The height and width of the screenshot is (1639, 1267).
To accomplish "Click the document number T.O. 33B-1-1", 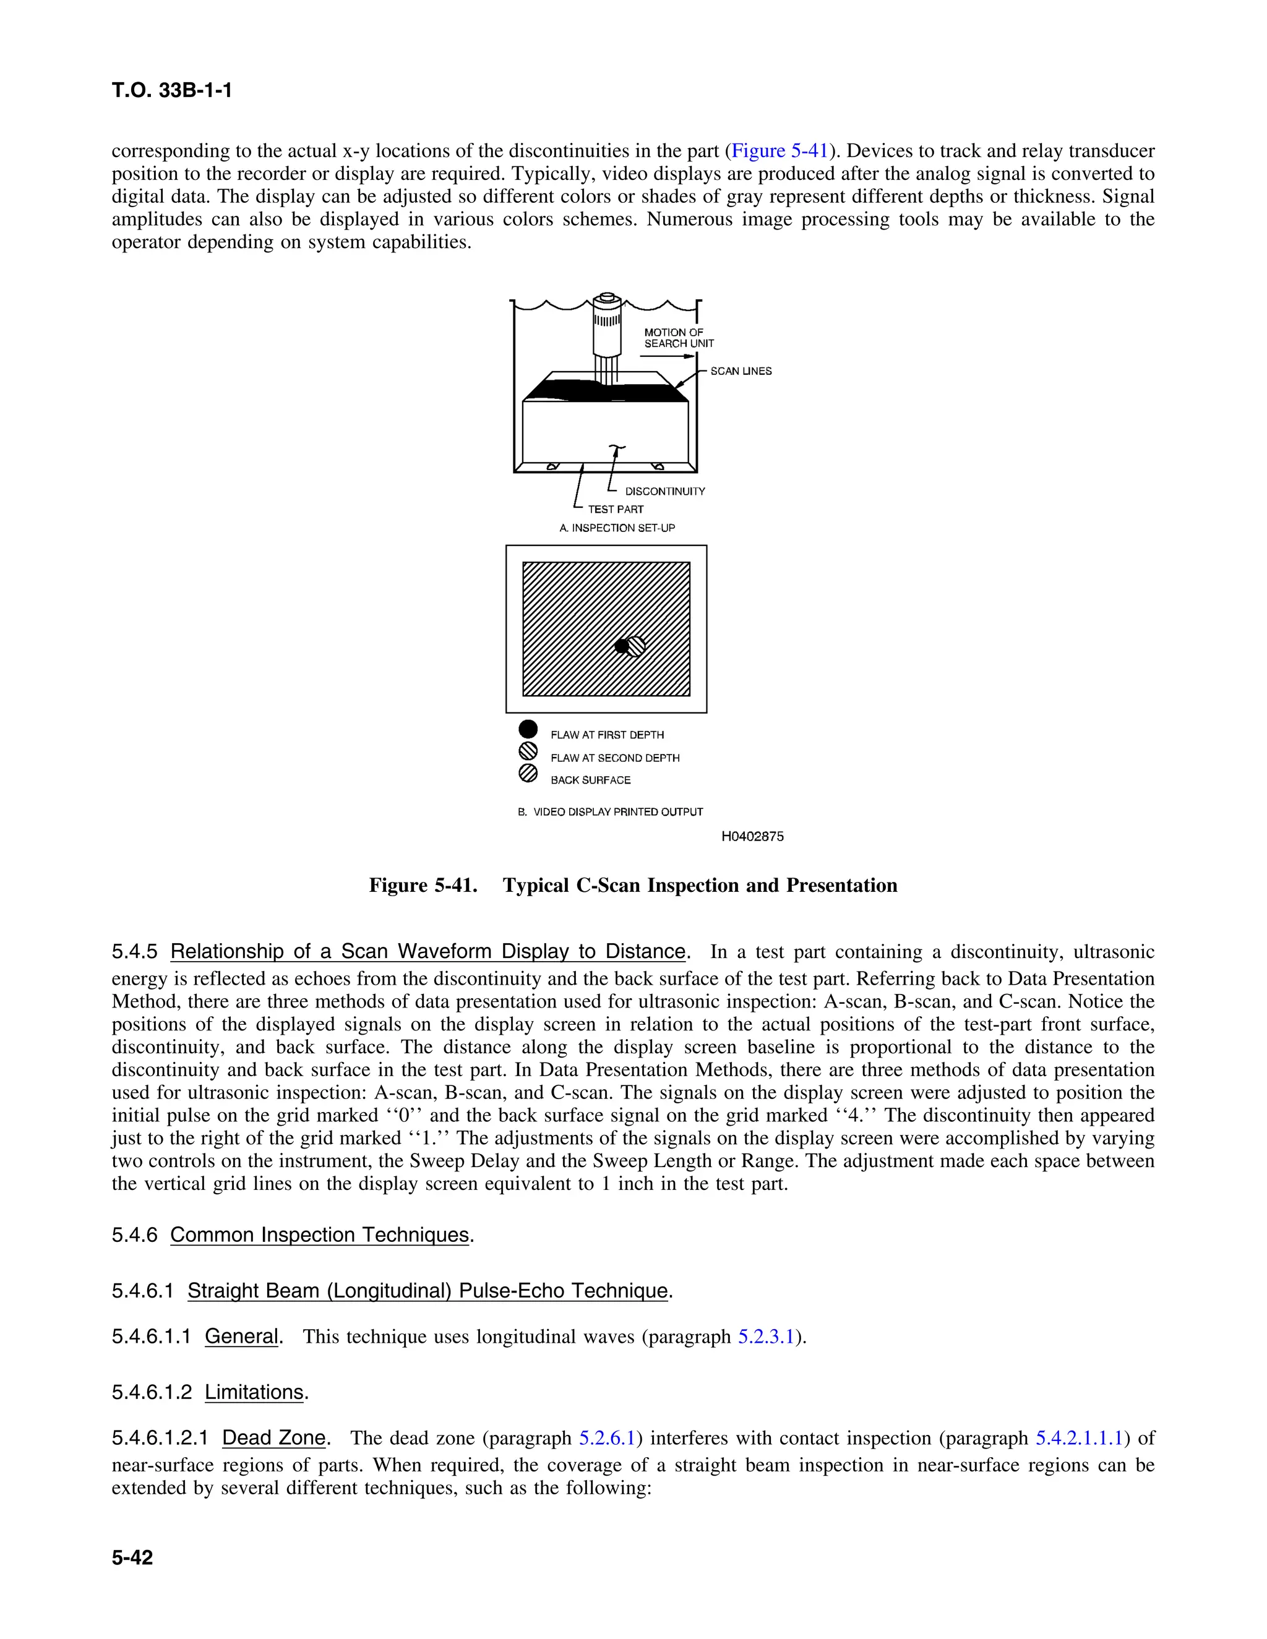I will (x=172, y=91).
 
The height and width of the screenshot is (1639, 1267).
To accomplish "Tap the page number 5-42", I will (x=132, y=1557).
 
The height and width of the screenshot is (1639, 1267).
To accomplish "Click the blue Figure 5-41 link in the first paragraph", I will (x=779, y=151).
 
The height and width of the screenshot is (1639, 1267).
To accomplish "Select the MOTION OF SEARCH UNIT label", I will (x=679, y=338).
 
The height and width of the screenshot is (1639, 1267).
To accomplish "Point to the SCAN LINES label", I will (x=741, y=370).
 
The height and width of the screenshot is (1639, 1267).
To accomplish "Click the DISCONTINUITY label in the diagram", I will (x=665, y=492).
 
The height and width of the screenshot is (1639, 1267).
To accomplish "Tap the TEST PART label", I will (x=616, y=509).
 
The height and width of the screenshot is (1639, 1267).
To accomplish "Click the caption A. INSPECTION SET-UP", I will (x=617, y=528).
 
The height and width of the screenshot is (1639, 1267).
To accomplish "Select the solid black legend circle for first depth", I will (x=528, y=729).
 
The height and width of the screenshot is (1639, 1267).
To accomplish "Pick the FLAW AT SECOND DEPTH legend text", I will (x=615, y=758).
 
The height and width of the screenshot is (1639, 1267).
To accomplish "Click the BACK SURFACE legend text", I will (x=591, y=781).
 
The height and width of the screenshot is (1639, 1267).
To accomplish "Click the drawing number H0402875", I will (x=752, y=837).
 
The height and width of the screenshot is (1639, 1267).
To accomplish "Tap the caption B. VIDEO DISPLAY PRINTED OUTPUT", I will (x=610, y=812).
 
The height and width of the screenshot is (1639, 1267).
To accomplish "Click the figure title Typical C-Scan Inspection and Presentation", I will (x=700, y=886).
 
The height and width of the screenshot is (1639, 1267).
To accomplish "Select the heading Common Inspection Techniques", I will (x=320, y=1235).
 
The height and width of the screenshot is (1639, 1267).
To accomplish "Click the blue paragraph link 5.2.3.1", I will (x=766, y=1337).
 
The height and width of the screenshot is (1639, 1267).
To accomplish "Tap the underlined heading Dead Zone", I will (x=274, y=1438).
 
